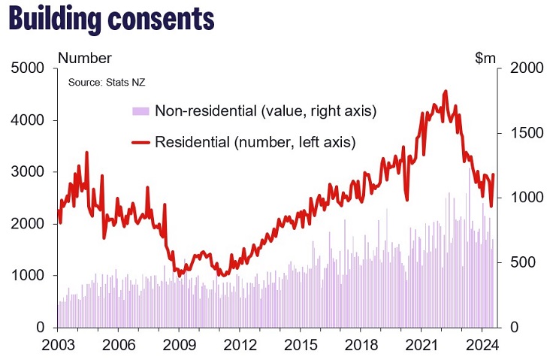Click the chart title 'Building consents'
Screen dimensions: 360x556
click(x=111, y=20)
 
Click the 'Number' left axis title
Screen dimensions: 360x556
click(x=84, y=58)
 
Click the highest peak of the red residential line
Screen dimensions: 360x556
click(x=446, y=91)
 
